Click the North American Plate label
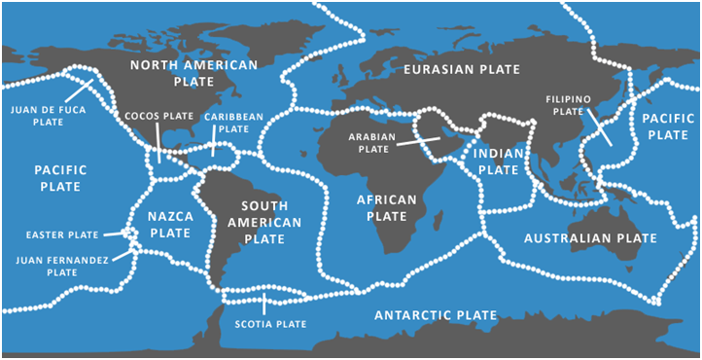pos(194,74)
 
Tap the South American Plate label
pos(251,221)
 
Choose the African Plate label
pos(387,207)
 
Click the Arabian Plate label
pos(373,144)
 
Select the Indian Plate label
pos(498,161)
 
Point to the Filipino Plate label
pos(570,105)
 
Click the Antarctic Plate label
pos(436,315)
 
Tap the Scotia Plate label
pos(269,323)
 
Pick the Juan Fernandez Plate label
pos(61,267)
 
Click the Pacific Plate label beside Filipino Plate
pos(664,126)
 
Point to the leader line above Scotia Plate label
pos(263,305)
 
